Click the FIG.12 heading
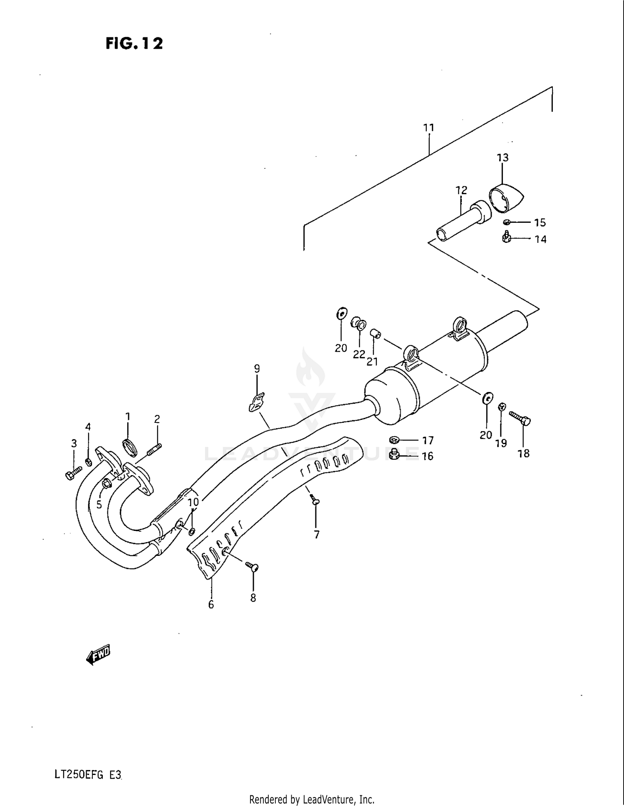click(x=134, y=43)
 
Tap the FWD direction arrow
click(x=98, y=655)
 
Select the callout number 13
click(x=503, y=158)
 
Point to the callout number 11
click(x=429, y=128)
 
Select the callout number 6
click(x=211, y=605)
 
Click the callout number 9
click(x=257, y=368)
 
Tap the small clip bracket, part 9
click(x=257, y=402)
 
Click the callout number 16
click(x=428, y=456)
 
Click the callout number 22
click(x=359, y=354)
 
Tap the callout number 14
click(x=540, y=239)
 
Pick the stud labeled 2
click(x=154, y=449)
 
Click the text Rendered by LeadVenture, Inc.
click(x=312, y=799)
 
